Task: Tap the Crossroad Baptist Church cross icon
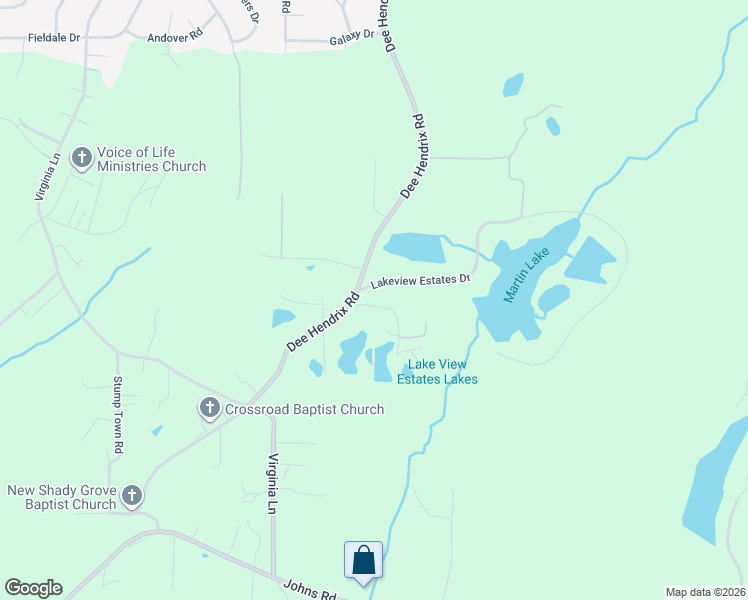click(210, 408)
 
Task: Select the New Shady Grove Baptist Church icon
click(130, 496)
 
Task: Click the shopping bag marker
click(362, 560)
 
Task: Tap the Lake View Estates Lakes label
click(437, 371)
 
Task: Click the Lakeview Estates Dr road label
click(420, 281)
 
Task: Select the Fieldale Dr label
click(53, 37)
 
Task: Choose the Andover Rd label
click(175, 32)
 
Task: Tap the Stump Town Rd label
click(117, 415)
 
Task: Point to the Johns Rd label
click(310, 591)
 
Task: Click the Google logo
click(33, 588)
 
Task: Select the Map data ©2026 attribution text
click(705, 592)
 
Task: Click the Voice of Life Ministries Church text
click(151, 159)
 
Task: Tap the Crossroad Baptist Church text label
click(304, 409)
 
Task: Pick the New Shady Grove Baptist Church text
click(62, 497)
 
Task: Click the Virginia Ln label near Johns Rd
click(271, 483)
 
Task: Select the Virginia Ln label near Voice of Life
click(48, 176)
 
